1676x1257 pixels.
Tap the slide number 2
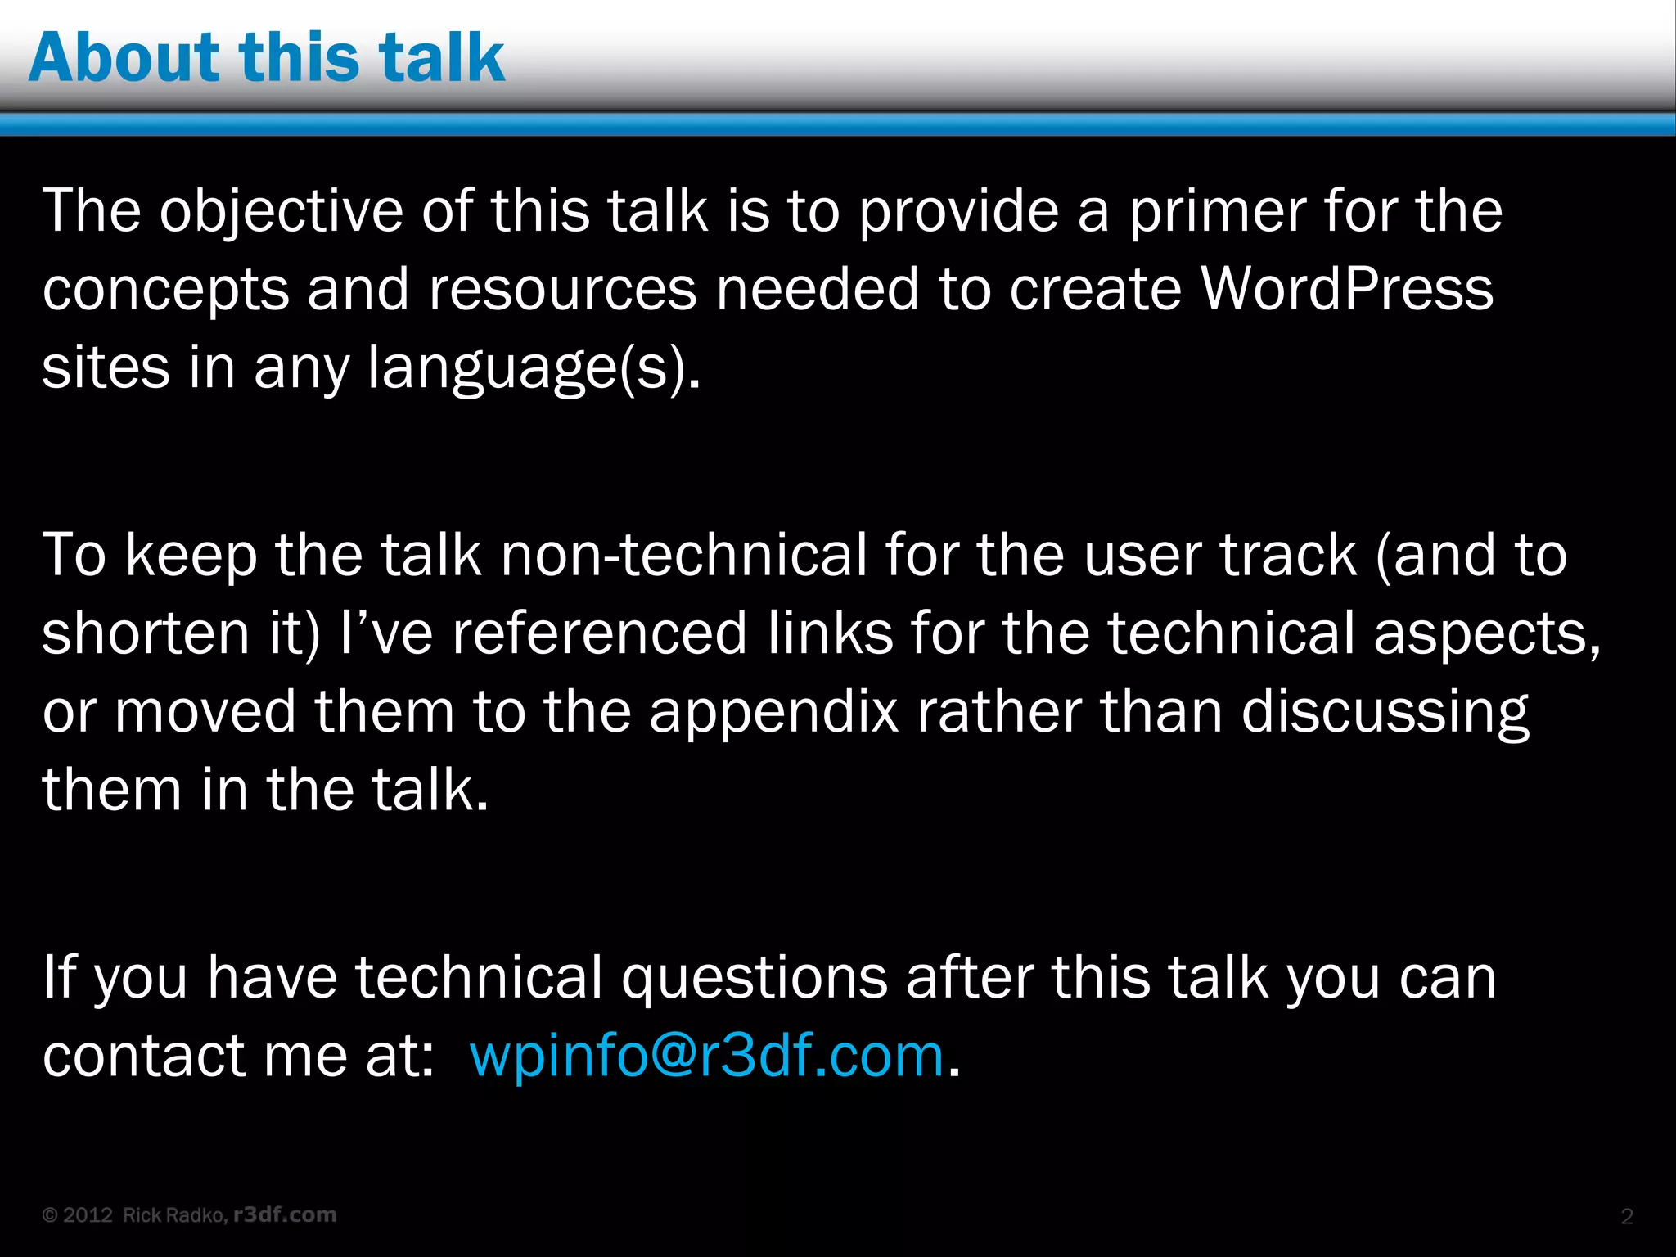pyautogui.click(x=1627, y=1216)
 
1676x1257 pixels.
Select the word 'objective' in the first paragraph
pyautogui.click(x=281, y=211)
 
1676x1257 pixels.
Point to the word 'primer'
pyautogui.click(x=1217, y=211)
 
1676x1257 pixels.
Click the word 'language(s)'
pyautogui.click(x=534, y=367)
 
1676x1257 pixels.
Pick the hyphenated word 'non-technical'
pyautogui.click(x=683, y=555)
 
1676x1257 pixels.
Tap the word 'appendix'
pyautogui.click(x=773, y=711)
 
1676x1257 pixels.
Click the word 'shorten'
pyautogui.click(x=146, y=633)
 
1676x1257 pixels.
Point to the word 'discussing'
pyautogui.click(x=1385, y=711)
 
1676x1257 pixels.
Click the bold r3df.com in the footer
pyautogui.click(x=285, y=1215)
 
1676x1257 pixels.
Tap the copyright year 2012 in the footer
pyautogui.click(x=88, y=1215)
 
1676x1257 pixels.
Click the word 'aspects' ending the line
pyautogui.click(x=1485, y=633)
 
